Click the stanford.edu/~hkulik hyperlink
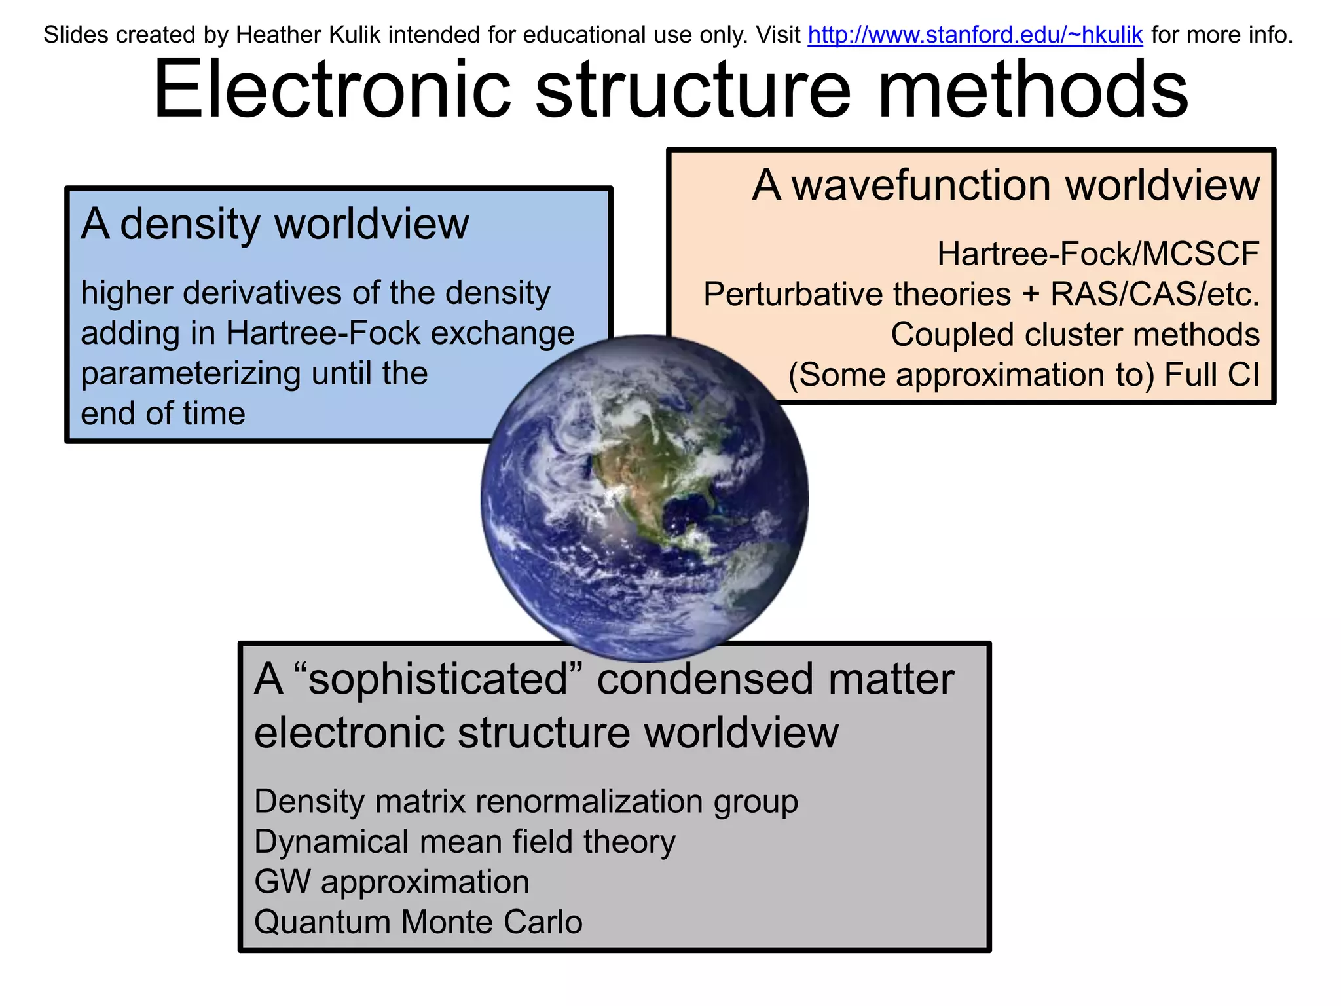pos(975,35)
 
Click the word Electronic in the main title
pos(331,90)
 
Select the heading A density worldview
pos(275,224)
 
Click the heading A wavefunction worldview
pos(1005,185)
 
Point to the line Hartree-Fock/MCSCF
pos(1098,254)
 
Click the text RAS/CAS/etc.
pos(1154,294)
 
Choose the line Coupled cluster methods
pos(1075,335)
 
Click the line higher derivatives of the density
pos(315,293)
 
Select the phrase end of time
pos(163,414)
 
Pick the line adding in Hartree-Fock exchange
pos(327,333)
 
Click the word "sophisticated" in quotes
pos(439,679)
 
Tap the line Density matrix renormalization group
pos(526,802)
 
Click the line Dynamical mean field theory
pos(464,842)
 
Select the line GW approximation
pos(392,882)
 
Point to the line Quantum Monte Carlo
pos(418,923)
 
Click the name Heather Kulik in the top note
pos(308,35)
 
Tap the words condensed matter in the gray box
pos(775,679)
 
